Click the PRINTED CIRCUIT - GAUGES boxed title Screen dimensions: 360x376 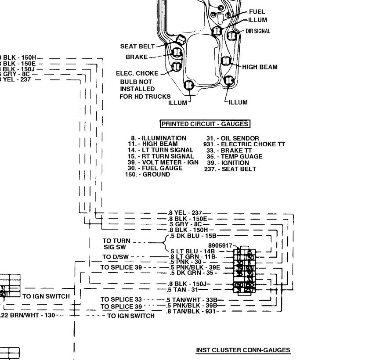coord(205,124)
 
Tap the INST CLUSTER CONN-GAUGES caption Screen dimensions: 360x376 coord(243,350)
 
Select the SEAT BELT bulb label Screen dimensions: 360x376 coord(137,46)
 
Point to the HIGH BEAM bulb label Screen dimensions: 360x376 coord(260,67)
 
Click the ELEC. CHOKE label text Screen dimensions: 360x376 coord(137,73)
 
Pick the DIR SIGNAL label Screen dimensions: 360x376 coord(258,31)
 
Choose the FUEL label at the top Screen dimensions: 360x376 coord(257,12)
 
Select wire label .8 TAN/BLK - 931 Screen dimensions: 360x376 coord(192,311)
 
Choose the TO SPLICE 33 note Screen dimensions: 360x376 coord(121,299)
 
